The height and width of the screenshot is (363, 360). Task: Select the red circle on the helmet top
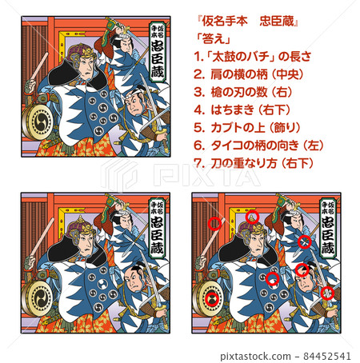(x=252, y=217)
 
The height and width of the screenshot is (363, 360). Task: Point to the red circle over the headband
(x=302, y=270)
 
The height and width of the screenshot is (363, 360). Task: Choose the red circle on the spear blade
(x=304, y=241)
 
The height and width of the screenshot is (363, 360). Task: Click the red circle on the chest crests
(x=272, y=279)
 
